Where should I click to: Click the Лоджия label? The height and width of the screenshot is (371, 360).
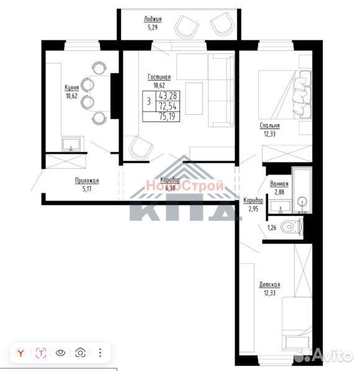pyautogui.click(x=153, y=19)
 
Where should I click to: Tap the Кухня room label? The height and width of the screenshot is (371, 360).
pyautogui.click(x=72, y=87)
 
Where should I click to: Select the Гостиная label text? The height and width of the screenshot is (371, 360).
pyautogui.click(x=159, y=77)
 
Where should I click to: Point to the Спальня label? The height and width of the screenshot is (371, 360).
pyautogui.click(x=269, y=126)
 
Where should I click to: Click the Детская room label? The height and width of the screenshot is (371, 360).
pyautogui.click(x=269, y=284)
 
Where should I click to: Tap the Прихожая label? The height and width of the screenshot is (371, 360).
pyautogui.click(x=87, y=181)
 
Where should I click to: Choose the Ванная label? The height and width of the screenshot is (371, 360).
pyautogui.click(x=279, y=184)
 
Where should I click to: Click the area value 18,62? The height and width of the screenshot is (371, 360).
pyautogui.click(x=159, y=85)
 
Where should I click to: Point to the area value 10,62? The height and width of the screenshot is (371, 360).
pyautogui.click(x=72, y=96)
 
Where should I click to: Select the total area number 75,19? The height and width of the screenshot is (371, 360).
pyautogui.click(x=168, y=117)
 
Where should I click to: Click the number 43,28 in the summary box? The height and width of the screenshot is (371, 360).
pyautogui.click(x=168, y=96)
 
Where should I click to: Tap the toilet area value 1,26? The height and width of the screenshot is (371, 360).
pyautogui.click(x=272, y=228)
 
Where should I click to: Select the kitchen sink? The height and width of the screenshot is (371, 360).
pyautogui.click(x=71, y=144)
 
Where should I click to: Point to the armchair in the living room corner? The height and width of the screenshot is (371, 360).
pyautogui.click(x=141, y=147)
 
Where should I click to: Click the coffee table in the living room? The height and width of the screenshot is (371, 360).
pyautogui.click(x=194, y=99)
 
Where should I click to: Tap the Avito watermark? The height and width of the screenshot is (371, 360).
pyautogui.click(x=326, y=355)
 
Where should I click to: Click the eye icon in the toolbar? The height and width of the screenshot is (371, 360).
pyautogui.click(x=61, y=353)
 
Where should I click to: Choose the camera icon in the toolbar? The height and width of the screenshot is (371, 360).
pyautogui.click(x=81, y=353)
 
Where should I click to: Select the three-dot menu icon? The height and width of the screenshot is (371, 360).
pyautogui.click(x=101, y=352)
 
